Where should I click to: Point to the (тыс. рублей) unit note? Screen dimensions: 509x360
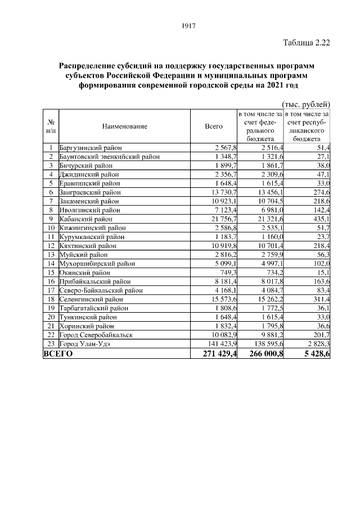pos(304,103)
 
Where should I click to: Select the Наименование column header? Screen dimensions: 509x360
pos(125,126)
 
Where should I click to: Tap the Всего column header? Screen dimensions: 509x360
pos(214,126)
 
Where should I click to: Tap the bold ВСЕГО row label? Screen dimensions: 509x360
pos(58,354)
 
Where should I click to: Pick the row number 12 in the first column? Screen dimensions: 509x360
pos(51,245)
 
